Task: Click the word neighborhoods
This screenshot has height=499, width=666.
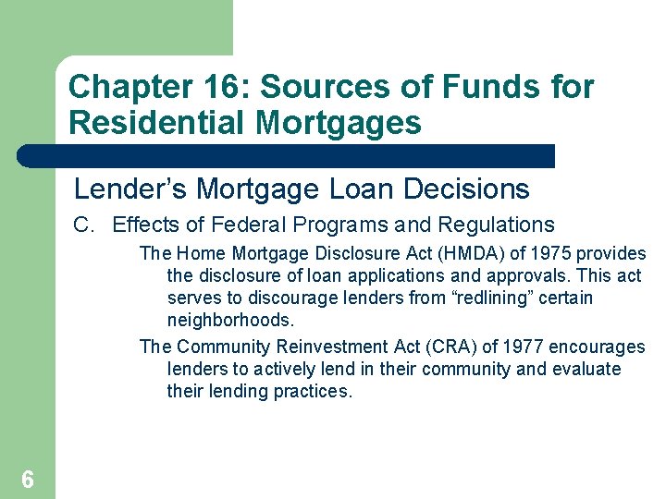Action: tap(229, 321)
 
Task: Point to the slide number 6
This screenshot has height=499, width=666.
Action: tap(28, 479)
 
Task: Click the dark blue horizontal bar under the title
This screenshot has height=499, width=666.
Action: tap(287, 156)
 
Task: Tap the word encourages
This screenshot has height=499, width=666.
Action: tap(597, 347)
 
